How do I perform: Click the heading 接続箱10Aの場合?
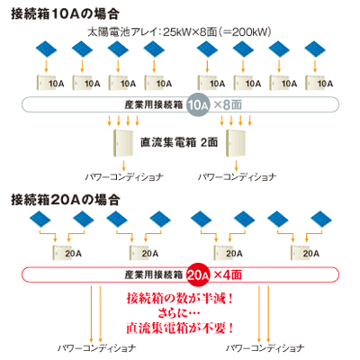(65, 14)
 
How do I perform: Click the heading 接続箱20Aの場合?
(66, 200)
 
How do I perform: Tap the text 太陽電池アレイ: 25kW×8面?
(152, 31)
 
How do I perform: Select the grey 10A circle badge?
(198, 104)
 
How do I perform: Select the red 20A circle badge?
(198, 274)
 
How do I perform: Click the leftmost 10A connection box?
(50, 83)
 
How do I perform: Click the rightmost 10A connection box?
(319, 83)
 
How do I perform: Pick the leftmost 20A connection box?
(67, 253)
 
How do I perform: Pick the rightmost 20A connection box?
(305, 253)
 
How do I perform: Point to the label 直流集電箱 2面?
(179, 142)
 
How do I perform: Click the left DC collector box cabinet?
(123, 143)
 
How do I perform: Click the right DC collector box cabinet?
(236, 143)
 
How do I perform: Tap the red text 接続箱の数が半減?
(180, 299)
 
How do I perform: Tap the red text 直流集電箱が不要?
(180, 328)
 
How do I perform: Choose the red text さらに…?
(179, 313)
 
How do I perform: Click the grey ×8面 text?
(228, 104)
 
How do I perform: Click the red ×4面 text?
(228, 274)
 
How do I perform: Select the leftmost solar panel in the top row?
(46, 49)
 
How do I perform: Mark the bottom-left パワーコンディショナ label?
(96, 348)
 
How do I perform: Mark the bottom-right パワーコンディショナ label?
(265, 348)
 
